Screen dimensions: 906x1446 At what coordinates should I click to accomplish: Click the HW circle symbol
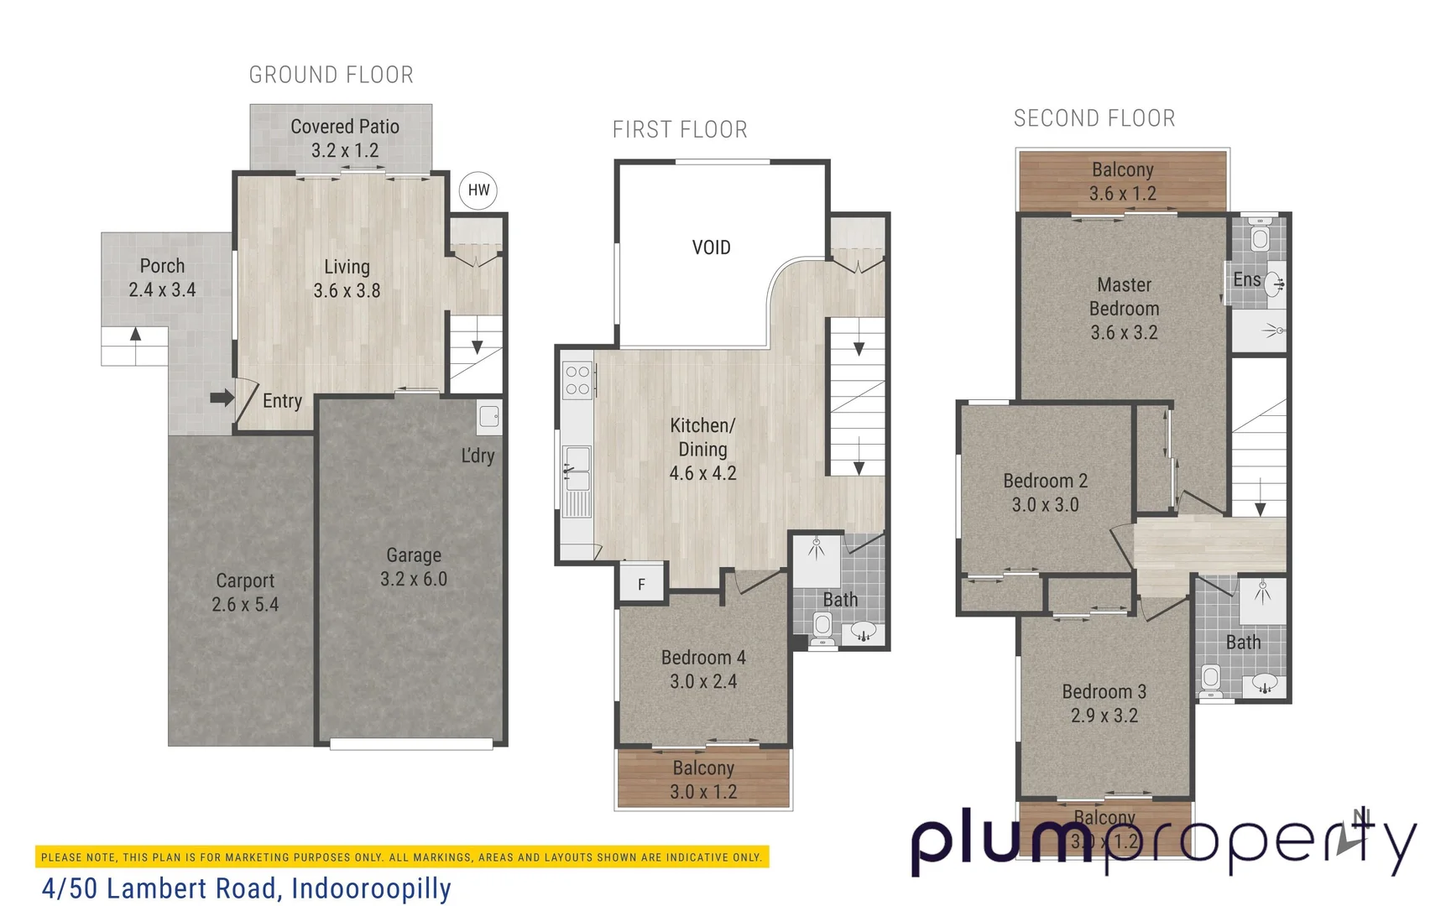(x=478, y=190)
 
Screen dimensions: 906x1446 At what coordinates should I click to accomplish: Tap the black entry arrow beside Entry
(x=222, y=398)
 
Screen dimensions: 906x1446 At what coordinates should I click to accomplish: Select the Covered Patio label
(x=344, y=127)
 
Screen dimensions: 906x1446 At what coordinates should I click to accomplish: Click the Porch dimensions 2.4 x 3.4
(x=162, y=290)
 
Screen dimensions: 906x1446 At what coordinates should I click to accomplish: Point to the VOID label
(x=711, y=247)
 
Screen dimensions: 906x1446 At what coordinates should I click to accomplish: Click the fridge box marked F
(x=642, y=584)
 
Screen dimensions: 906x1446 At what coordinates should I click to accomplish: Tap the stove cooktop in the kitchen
(x=577, y=380)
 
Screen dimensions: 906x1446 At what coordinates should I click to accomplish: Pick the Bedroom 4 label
(x=703, y=658)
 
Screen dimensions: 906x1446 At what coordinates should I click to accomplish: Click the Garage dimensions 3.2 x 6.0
(x=413, y=580)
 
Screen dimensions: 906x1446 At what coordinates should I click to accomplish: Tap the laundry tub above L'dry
(x=489, y=417)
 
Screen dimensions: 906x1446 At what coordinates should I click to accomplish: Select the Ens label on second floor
(x=1246, y=279)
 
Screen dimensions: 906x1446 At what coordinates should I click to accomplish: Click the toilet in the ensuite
(x=1260, y=237)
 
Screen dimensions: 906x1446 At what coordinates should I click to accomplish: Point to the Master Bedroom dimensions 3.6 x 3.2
(x=1124, y=333)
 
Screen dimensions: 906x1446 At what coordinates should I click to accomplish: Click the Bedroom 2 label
(x=1045, y=481)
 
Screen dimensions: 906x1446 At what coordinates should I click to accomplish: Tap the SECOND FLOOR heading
(x=1094, y=118)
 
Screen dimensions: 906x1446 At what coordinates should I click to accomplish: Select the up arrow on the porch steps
(x=135, y=336)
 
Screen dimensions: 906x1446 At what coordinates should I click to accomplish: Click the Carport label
(x=245, y=581)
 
